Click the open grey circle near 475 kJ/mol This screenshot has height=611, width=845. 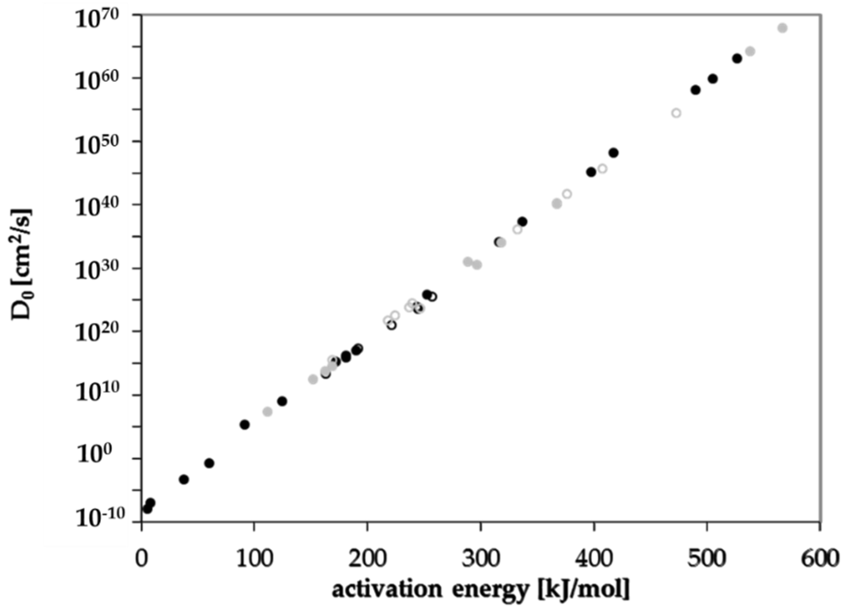point(676,113)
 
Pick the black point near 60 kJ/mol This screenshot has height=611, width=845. point(209,463)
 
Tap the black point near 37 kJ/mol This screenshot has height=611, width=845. point(184,480)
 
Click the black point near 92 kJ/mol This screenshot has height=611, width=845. point(245,425)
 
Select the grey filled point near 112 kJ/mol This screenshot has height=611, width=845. point(268,412)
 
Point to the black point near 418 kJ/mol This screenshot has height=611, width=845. point(614,153)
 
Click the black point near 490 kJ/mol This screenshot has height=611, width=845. point(696,90)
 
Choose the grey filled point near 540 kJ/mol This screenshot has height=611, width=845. point(750,51)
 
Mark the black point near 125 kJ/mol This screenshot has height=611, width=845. point(282,401)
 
